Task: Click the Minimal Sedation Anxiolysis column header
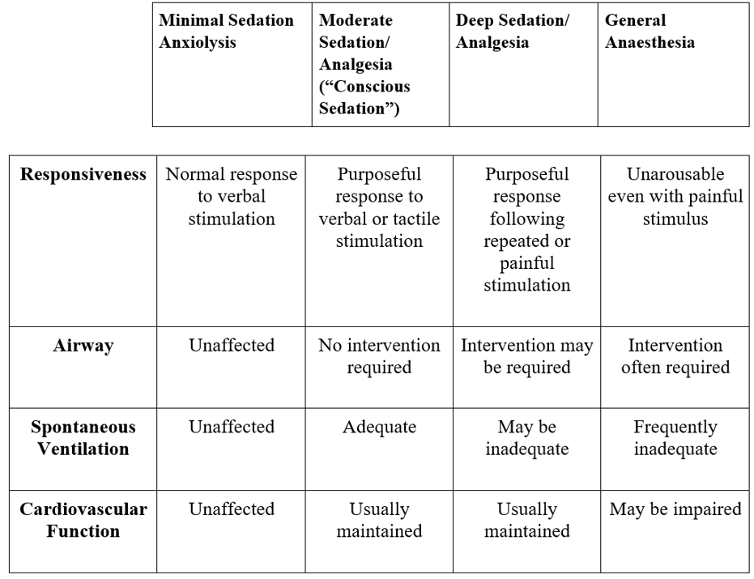click(x=226, y=32)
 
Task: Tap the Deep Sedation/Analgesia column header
click(x=512, y=32)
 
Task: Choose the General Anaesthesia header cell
click(x=650, y=32)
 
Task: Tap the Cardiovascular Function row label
click(x=83, y=520)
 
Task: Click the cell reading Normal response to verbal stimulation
click(x=231, y=196)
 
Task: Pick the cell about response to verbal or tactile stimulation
click(x=380, y=207)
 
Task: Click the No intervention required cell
click(x=380, y=356)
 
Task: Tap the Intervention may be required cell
click(x=526, y=356)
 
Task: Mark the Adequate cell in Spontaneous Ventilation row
click(x=380, y=427)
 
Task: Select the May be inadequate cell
click(x=526, y=437)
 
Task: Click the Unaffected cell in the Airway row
click(x=231, y=346)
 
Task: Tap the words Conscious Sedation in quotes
click(x=364, y=97)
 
